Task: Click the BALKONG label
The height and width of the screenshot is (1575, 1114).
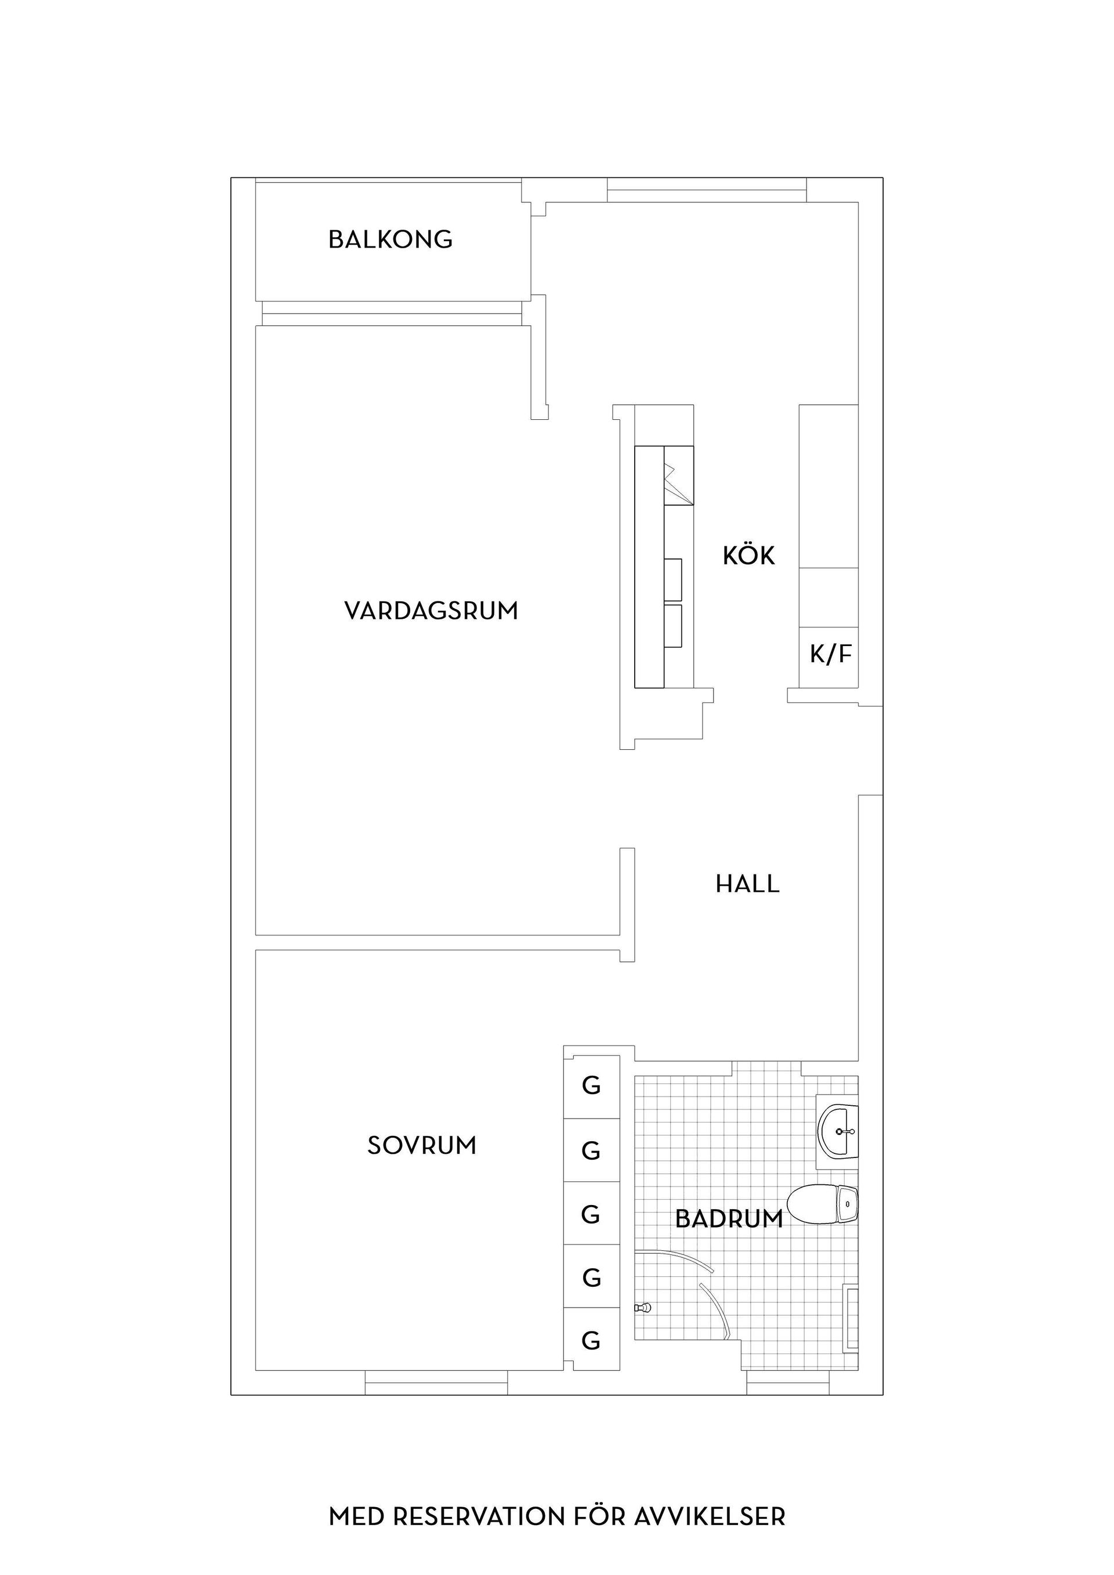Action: pos(390,239)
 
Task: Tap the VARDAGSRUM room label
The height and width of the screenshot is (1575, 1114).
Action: pos(431,611)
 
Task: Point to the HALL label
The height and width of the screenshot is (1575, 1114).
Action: pos(747,884)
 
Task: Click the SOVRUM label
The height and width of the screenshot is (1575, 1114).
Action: pos(421,1145)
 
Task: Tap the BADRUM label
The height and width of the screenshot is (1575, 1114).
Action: pos(729,1218)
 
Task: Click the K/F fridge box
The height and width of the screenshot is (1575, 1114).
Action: pos(830,656)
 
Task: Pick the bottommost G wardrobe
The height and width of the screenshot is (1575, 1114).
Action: pos(591,1340)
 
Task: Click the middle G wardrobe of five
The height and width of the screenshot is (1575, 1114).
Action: pos(591,1214)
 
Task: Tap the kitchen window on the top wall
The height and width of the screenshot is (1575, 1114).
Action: pos(706,190)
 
